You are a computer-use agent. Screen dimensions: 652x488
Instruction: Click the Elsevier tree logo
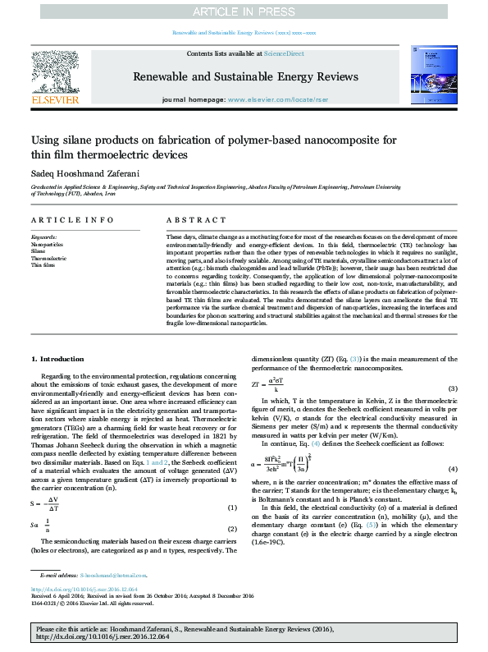55,73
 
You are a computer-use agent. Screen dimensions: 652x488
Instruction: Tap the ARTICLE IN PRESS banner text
243,11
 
